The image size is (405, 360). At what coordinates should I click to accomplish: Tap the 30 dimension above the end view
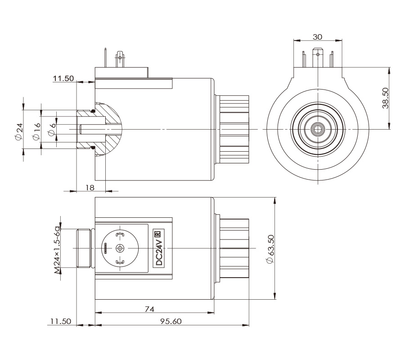[318, 36]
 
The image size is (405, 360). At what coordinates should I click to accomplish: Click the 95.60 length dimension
[172, 321]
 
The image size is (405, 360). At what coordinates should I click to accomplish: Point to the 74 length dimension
[150, 309]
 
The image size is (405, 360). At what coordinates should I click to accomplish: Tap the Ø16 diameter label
[37, 130]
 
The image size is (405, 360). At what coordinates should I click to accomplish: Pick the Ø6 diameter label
[52, 130]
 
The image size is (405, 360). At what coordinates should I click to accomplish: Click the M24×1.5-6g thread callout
[57, 248]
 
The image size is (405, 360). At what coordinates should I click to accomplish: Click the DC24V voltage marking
[158, 252]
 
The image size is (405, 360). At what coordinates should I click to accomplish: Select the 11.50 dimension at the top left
[63, 79]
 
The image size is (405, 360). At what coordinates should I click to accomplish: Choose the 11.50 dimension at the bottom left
[61, 321]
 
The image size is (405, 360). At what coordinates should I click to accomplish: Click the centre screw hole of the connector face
[120, 248]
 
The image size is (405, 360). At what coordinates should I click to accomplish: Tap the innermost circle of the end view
[318, 130]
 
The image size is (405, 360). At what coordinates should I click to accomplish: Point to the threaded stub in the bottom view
[84, 248]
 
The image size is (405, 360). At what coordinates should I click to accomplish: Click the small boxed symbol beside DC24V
[158, 234]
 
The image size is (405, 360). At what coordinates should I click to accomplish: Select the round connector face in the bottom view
[120, 248]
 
